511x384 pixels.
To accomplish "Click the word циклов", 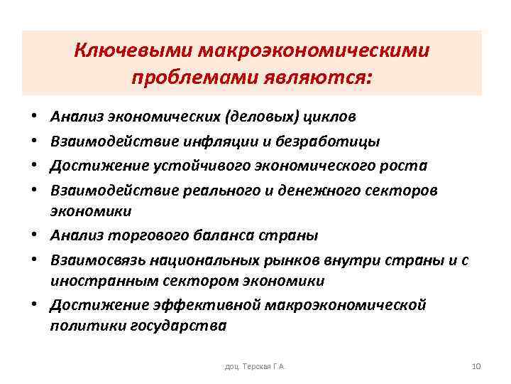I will pos(329,116).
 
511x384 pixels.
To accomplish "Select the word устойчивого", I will pos(193,166).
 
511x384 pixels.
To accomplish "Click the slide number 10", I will pos(476,366).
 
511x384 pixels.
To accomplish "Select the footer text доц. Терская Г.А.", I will pos(255,366).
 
